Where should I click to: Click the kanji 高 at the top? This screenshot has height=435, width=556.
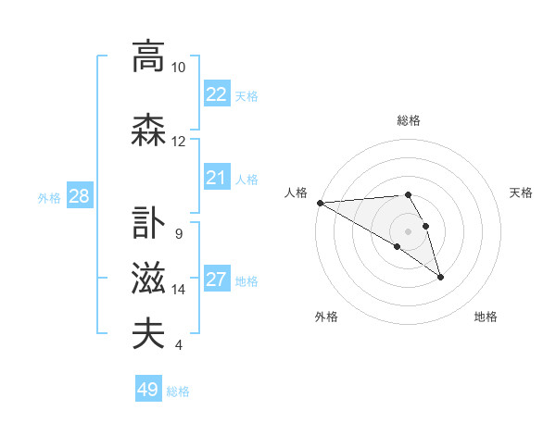148,56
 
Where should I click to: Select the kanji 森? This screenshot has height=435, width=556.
148,130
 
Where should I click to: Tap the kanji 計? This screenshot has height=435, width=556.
148,223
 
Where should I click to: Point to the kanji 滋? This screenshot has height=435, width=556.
148,279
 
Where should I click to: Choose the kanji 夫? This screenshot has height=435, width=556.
148,334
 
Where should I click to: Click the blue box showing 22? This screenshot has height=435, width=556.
216,94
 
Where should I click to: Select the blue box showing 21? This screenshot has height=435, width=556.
216,178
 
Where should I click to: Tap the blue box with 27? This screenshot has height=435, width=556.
216,280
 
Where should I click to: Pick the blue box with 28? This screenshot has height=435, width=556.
79,196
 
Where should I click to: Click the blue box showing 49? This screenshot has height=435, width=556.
148,390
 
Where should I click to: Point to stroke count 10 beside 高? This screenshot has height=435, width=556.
179,68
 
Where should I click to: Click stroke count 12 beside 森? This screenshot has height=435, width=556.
179,142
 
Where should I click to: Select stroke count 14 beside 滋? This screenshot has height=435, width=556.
179,290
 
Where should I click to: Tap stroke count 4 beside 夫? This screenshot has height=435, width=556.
179,345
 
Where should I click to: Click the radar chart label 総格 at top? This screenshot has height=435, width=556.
409,120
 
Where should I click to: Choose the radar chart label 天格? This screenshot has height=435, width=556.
522,193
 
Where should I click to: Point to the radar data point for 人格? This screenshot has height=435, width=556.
320,203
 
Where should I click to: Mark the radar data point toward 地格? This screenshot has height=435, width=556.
440,277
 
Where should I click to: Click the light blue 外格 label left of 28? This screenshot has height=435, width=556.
49,197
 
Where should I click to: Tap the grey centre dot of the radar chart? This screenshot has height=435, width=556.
408,231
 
